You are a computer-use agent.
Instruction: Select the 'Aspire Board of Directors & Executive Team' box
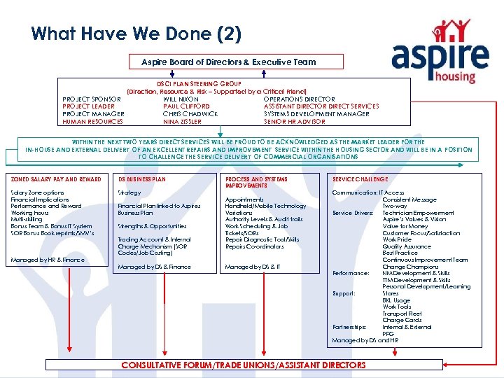229,62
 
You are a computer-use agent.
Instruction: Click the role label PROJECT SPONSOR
92,99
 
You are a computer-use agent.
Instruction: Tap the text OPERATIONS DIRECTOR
300,99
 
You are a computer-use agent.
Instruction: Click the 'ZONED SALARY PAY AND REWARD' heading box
57,179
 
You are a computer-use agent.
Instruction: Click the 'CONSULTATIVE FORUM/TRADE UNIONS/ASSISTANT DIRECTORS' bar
244,365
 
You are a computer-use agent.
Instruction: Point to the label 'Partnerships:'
350,327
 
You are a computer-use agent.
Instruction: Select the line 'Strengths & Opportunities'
152,226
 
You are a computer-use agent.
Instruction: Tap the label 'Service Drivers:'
353,213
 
